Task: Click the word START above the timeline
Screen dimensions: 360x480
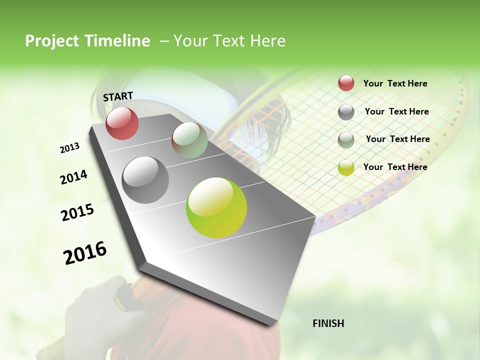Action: click(x=118, y=96)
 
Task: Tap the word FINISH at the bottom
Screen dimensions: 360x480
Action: click(x=328, y=323)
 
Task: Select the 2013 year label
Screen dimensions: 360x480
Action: click(x=69, y=148)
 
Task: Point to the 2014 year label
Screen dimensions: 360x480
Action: click(x=73, y=177)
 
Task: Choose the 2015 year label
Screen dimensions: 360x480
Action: click(x=77, y=212)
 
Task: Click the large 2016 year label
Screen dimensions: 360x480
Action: click(x=85, y=253)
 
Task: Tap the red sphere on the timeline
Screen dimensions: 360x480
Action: click(x=122, y=123)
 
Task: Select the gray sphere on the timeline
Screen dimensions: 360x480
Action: click(x=145, y=179)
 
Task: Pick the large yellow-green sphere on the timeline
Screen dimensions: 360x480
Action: click(x=216, y=207)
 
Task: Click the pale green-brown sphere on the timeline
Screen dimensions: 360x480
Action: click(x=189, y=140)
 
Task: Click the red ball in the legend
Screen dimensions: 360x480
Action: click(x=346, y=83)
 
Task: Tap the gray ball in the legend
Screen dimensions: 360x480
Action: click(x=346, y=112)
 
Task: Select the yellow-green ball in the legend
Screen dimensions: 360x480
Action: click(x=346, y=167)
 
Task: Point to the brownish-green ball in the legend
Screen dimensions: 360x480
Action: click(x=346, y=139)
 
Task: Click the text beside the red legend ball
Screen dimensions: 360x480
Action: click(x=395, y=83)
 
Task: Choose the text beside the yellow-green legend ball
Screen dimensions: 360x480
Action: click(x=395, y=167)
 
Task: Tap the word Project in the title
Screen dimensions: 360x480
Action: click(x=52, y=41)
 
